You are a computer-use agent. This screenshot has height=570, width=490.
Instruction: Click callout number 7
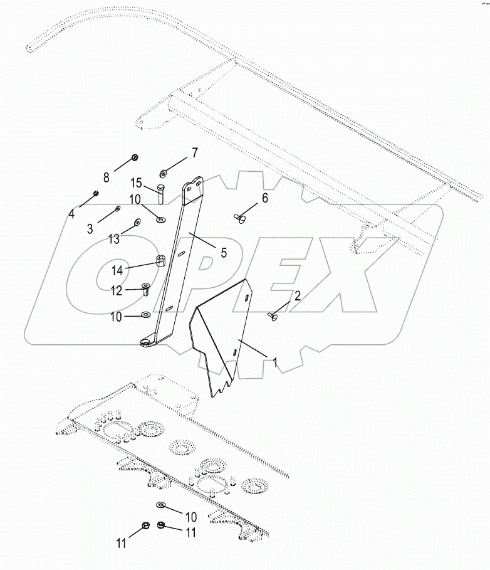(x=194, y=152)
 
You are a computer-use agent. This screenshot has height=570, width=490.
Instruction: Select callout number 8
(x=107, y=177)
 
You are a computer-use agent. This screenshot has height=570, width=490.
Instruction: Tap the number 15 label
(x=136, y=183)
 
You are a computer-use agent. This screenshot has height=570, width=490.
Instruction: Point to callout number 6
(x=264, y=198)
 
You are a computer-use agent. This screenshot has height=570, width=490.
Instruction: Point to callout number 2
(x=298, y=295)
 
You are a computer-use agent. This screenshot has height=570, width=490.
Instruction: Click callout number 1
(x=273, y=361)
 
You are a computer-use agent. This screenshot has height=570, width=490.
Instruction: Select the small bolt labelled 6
(x=240, y=218)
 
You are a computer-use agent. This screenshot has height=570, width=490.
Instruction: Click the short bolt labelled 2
(x=274, y=317)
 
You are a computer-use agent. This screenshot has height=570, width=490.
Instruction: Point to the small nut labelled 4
(x=95, y=193)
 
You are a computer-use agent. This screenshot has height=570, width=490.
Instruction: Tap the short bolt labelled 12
(x=145, y=289)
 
